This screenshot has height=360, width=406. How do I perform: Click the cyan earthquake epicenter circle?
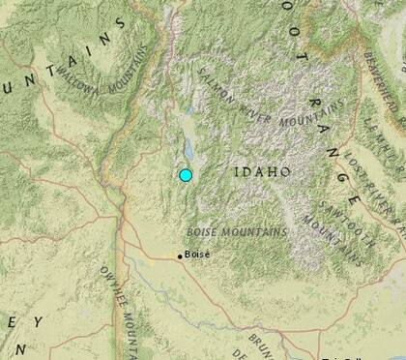(x=187, y=175)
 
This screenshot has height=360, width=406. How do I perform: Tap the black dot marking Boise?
(x=179, y=255)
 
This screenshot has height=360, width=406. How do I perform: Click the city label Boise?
(x=197, y=255)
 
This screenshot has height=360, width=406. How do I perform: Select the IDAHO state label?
(x=262, y=172)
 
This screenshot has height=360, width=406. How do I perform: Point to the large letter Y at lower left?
(x=40, y=321)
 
